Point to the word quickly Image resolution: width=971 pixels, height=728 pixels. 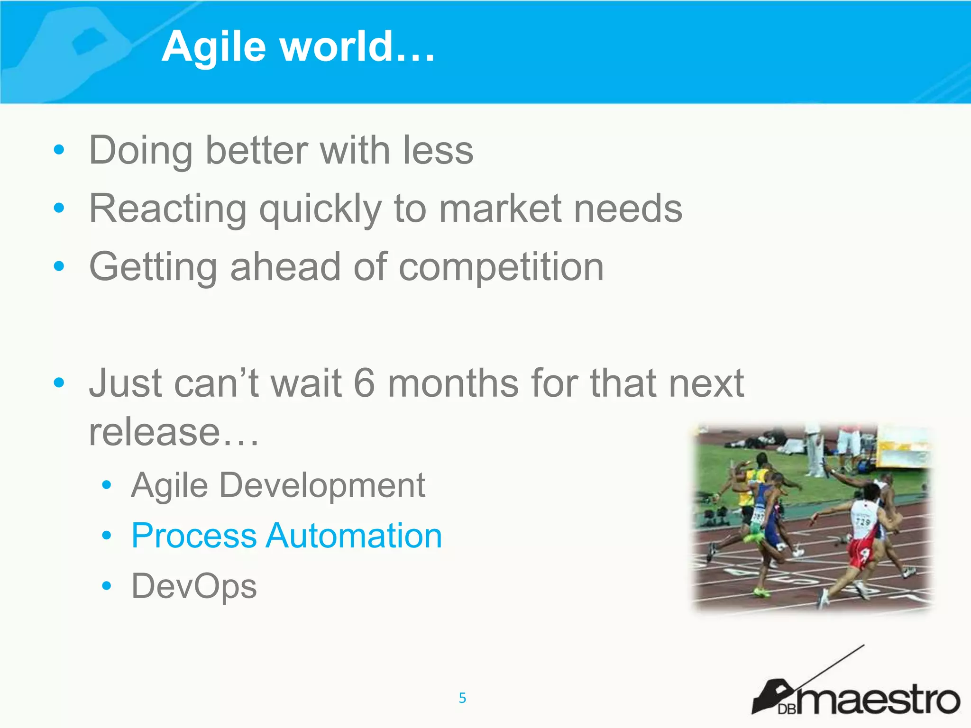point(321,209)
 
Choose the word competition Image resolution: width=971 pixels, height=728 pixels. point(501,267)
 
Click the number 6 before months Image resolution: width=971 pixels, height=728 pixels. point(364,383)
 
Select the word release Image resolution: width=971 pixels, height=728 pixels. point(155,432)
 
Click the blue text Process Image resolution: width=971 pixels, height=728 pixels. point(193,536)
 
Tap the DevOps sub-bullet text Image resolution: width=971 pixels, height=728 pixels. point(194,587)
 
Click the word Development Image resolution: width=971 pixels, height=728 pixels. point(322,485)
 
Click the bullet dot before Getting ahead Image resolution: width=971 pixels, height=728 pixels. point(59,266)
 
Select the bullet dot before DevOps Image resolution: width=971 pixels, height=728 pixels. point(107,586)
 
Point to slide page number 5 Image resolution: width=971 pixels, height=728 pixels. point(462,698)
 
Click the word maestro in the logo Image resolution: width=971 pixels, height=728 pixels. point(877,701)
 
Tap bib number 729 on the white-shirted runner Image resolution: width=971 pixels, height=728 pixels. point(863,522)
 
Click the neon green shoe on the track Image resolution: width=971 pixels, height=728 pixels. point(762,592)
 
